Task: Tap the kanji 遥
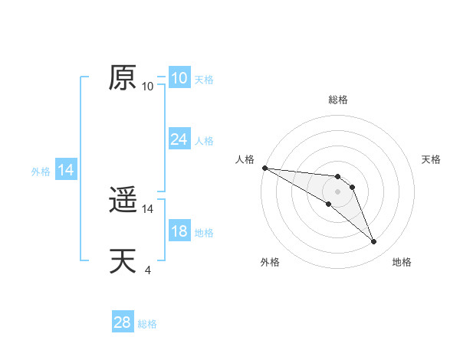coord(123,201)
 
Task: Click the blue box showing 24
coord(179,139)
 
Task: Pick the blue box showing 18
coord(179,231)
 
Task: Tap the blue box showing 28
coord(123,322)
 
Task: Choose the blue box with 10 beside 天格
coord(179,78)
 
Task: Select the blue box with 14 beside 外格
coord(66,170)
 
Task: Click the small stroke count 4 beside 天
coord(147,270)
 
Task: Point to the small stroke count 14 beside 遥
coord(148,208)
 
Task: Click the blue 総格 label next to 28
coord(147,324)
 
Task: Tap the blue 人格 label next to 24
coord(204,141)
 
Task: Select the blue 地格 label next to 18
coord(204,233)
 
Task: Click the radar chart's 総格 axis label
coord(338,100)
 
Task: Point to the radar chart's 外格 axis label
coord(270,262)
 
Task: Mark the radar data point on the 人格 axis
coord(264,168)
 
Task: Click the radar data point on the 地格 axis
coord(374,242)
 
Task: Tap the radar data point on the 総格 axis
coord(338,177)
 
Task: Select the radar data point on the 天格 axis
coord(353,187)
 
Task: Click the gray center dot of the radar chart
coord(338,191)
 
